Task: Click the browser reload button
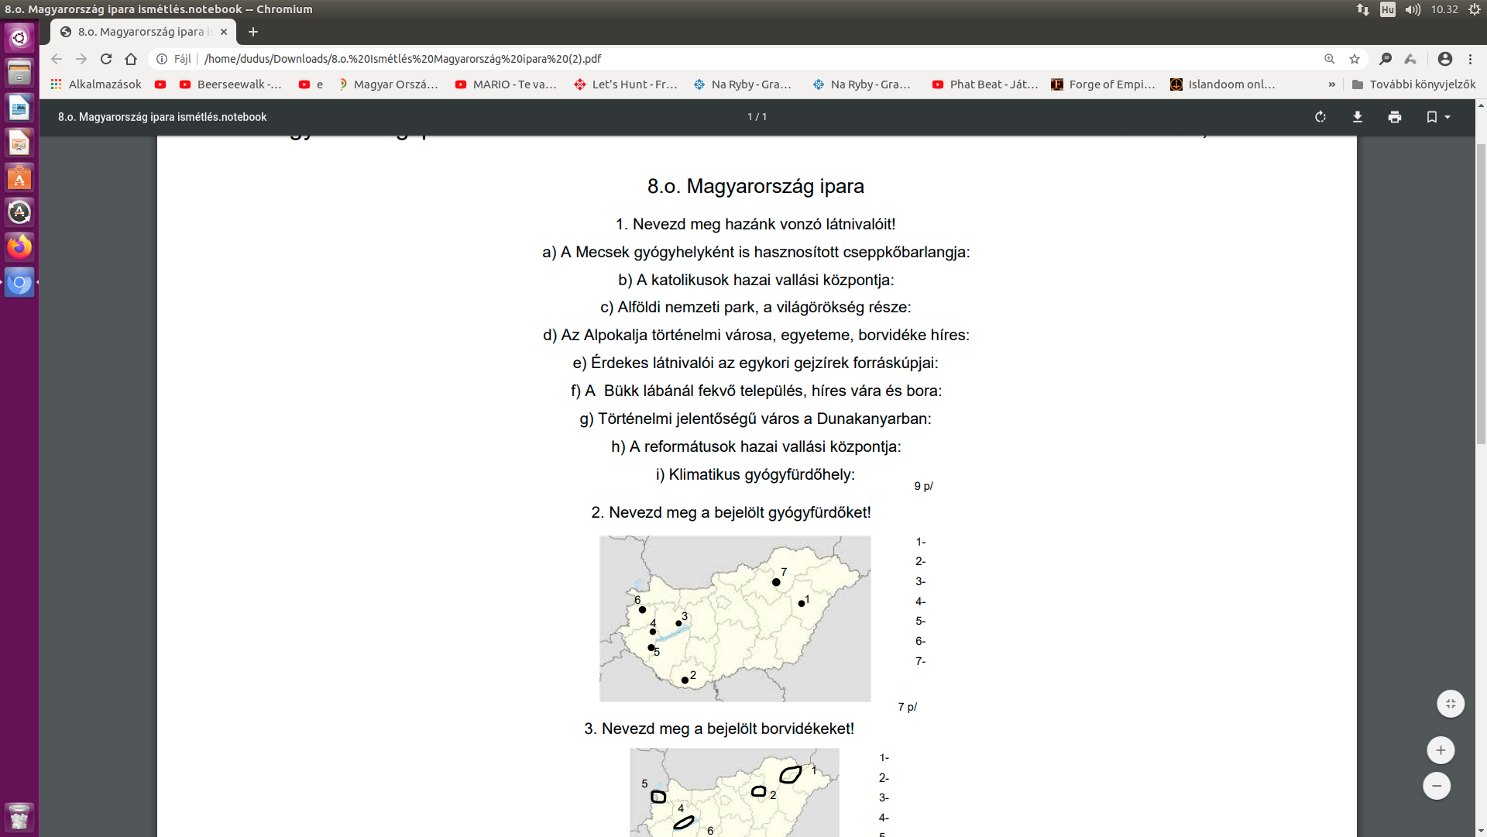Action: coord(106,59)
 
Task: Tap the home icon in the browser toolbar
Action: coord(131,59)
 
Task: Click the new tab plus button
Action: coord(253,32)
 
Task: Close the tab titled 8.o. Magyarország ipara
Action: coord(224,32)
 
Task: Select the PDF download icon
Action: coord(1358,117)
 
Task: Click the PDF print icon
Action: coord(1395,117)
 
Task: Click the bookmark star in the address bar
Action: coord(1355,59)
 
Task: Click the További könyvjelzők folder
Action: coord(1413,84)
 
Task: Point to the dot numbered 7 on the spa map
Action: coord(776,582)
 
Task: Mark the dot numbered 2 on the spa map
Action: coord(685,680)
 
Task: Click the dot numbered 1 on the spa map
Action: coord(802,604)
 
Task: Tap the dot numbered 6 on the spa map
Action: coord(642,610)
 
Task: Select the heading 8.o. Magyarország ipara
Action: coord(755,187)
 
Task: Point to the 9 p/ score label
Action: coord(923,487)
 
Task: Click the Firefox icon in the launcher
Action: coord(19,246)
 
